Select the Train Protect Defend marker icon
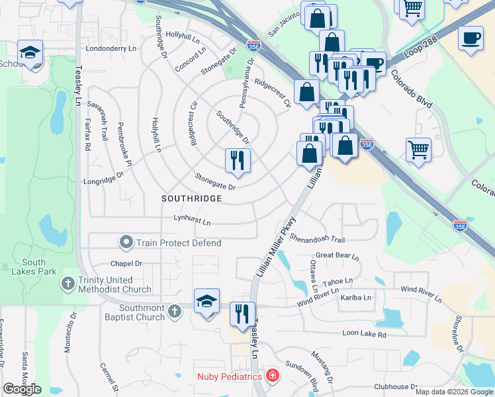pyautogui.click(x=126, y=243)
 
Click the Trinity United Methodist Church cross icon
pyautogui.click(x=67, y=285)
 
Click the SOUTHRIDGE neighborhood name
pyautogui.click(x=191, y=198)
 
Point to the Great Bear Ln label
pyautogui.click(x=337, y=255)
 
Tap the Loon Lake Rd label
pyautogui.click(x=363, y=335)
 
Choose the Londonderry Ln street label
pyautogui.click(x=111, y=49)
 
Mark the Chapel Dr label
pyautogui.click(x=126, y=263)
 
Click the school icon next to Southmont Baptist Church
pyautogui.click(x=207, y=301)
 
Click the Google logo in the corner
pyautogui.click(x=22, y=389)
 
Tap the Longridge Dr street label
pyautogui.click(x=103, y=177)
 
